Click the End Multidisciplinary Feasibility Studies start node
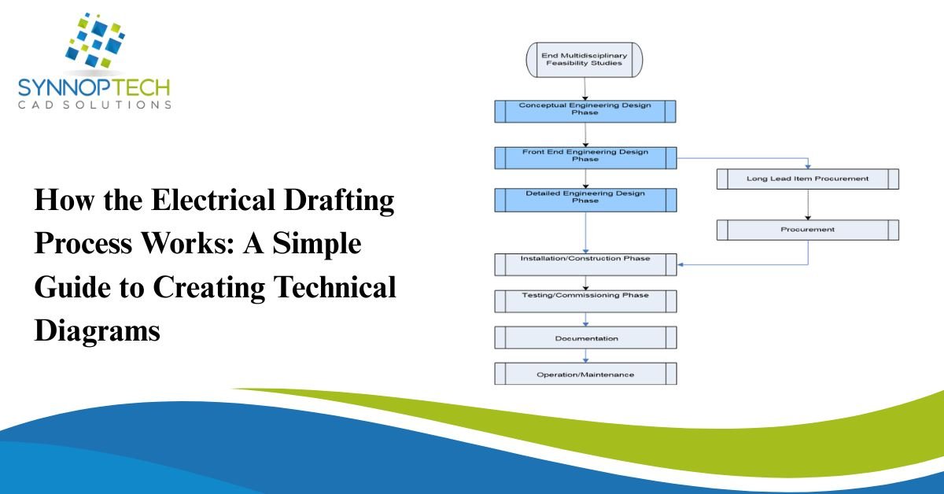point(584,59)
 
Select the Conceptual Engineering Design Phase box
point(584,110)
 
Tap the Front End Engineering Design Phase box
point(584,157)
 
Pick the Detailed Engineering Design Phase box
point(584,199)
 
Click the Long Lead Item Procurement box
point(807,179)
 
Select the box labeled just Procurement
point(807,230)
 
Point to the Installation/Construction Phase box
point(584,264)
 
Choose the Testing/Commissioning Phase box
point(584,301)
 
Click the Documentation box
point(584,337)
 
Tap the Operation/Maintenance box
point(584,374)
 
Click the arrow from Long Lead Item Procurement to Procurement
point(807,204)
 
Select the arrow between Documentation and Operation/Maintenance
point(584,355)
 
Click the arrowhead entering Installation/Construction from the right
point(682,264)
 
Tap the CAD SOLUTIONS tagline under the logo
point(94,105)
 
